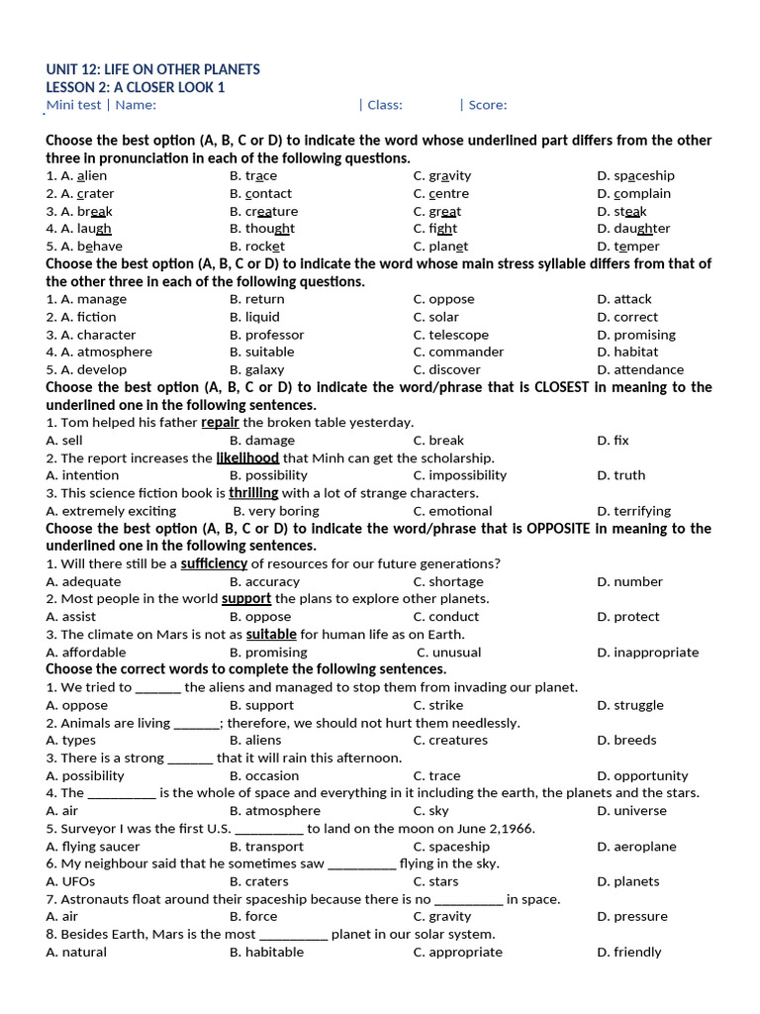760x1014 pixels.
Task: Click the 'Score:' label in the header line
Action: coord(488,105)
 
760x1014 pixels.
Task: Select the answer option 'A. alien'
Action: coord(76,176)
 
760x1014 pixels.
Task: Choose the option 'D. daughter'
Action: coord(633,229)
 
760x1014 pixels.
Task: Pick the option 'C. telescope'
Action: coord(451,335)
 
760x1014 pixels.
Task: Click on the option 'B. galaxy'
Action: coord(257,370)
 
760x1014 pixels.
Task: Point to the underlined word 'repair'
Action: coord(221,423)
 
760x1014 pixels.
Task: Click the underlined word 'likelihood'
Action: coord(247,458)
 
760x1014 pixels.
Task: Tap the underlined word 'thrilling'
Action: coord(253,493)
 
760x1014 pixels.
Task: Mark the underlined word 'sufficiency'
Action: coord(214,564)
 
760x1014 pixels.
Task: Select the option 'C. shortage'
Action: coord(448,582)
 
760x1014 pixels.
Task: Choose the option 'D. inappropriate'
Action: coord(647,653)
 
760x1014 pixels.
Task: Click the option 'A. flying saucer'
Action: coord(93,847)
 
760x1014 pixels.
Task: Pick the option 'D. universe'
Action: coord(631,811)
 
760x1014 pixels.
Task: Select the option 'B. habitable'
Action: coord(266,953)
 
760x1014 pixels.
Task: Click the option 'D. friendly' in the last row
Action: coord(628,953)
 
